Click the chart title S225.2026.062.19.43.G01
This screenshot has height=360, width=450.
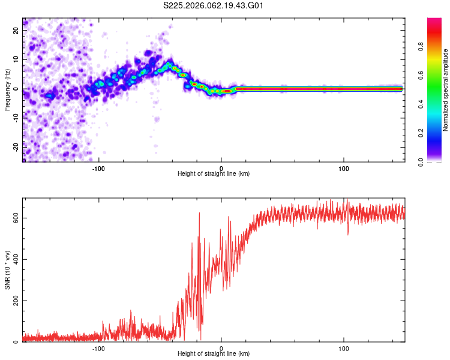click(214, 5)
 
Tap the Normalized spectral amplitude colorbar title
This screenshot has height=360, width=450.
click(446, 90)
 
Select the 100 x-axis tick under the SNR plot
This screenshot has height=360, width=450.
click(344, 348)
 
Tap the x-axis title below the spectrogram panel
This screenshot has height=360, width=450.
click(214, 174)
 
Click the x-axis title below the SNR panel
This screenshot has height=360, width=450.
click(214, 355)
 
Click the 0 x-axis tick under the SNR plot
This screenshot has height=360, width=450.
click(221, 348)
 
